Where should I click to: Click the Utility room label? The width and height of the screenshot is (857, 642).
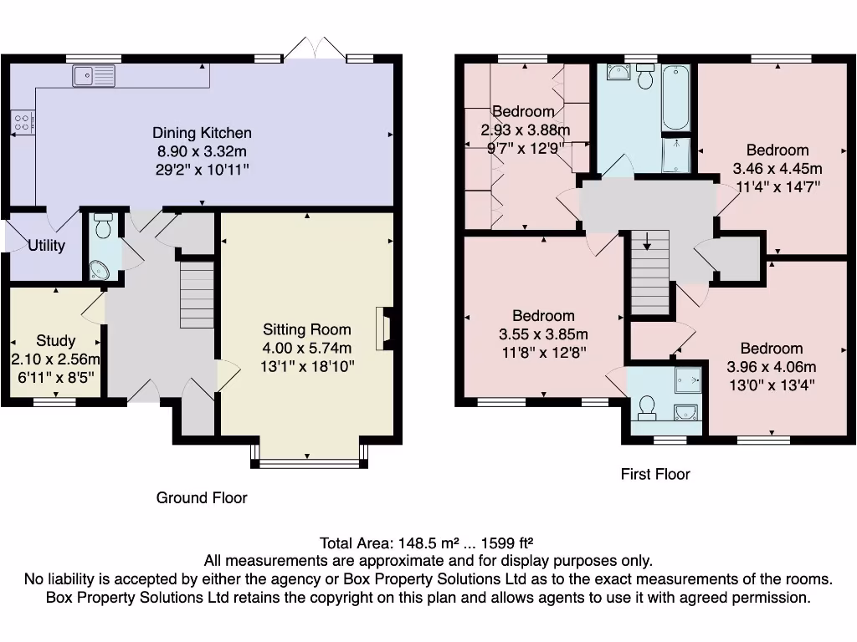click(x=46, y=246)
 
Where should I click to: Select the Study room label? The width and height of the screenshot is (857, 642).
click(x=56, y=341)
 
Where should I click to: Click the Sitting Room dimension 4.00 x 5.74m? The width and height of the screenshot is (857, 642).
click(x=307, y=348)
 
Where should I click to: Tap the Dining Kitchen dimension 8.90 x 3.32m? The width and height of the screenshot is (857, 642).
click(x=202, y=151)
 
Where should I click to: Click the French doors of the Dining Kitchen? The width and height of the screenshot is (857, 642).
click(x=314, y=48)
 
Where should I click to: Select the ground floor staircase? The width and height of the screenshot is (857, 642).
click(x=198, y=295)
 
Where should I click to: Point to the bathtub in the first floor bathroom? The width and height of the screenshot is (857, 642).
click(x=675, y=99)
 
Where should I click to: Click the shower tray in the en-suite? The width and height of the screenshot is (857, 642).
click(x=688, y=380)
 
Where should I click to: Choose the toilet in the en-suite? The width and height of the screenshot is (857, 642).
click(x=646, y=407)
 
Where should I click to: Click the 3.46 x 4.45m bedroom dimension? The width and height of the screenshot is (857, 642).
click(x=777, y=168)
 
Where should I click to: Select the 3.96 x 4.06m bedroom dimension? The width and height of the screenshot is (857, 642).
click(x=771, y=367)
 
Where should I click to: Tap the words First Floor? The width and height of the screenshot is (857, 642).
click(x=655, y=474)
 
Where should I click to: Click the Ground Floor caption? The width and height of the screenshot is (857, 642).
click(x=202, y=497)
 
